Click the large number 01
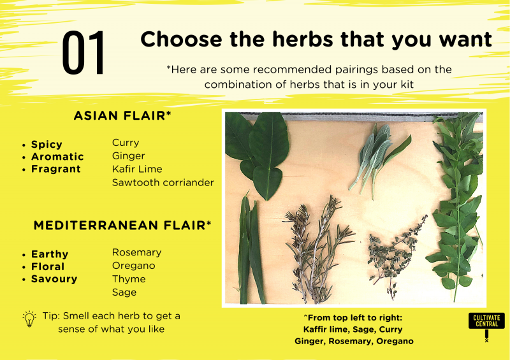[x=84, y=53]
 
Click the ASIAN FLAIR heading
[x=122, y=116]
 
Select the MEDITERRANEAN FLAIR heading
[x=122, y=226]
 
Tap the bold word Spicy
[x=47, y=145]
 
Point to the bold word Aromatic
[x=57, y=157]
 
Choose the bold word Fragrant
[x=56, y=169]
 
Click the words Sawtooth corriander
[x=163, y=182]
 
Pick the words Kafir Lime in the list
[x=137, y=169]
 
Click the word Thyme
[x=129, y=279]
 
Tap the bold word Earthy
[x=50, y=254]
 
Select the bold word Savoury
[x=54, y=279]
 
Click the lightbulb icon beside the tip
[x=29, y=319]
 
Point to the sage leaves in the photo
[x=377, y=159]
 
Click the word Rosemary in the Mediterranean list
[x=136, y=253]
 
